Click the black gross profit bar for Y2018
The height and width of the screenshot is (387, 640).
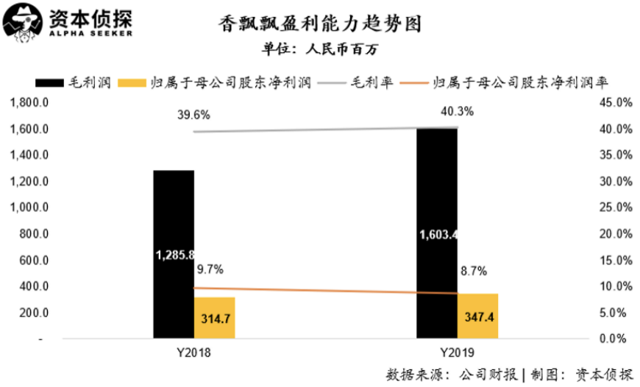(x=174, y=221)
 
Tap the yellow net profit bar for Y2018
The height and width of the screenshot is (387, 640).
(x=215, y=318)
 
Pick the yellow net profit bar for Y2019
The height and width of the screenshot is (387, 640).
(x=478, y=316)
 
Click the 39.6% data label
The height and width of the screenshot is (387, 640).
(x=194, y=115)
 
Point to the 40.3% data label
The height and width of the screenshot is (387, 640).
(x=457, y=112)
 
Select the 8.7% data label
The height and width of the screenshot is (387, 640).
(x=472, y=271)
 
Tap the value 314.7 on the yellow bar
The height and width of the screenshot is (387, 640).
(x=215, y=319)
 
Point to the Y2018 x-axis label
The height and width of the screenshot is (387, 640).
(x=193, y=354)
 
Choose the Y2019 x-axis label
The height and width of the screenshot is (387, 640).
(x=457, y=354)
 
